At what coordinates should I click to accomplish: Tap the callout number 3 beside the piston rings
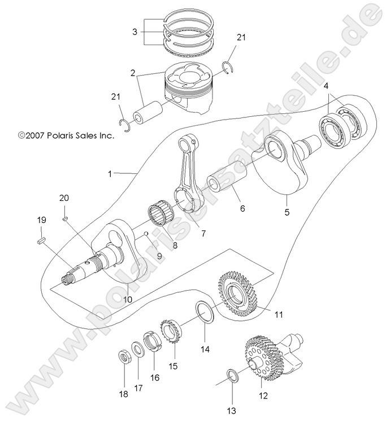pyautogui.click(x=135, y=32)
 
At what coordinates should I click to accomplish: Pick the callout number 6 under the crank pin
pyautogui.click(x=242, y=208)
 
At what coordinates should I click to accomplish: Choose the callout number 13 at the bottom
pyautogui.click(x=231, y=410)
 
